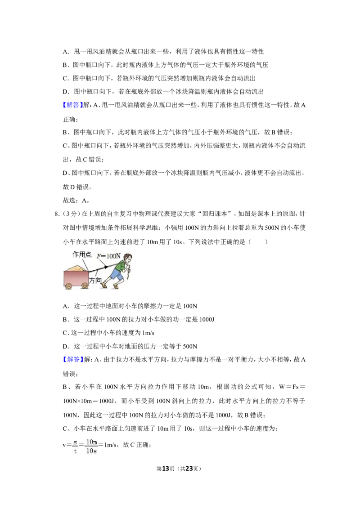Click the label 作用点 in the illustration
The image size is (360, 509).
(x=82, y=254)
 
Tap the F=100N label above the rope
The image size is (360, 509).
(x=108, y=256)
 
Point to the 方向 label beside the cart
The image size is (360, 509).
(x=95, y=280)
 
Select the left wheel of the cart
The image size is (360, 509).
(x=68, y=286)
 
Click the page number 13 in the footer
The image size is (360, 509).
(x=166, y=469)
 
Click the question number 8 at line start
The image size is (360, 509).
(x=57, y=214)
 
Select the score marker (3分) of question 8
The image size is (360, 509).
(x=70, y=214)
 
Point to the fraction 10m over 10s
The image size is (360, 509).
(x=92, y=446)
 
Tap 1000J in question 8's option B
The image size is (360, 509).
(x=207, y=319)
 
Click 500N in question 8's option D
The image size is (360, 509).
(x=190, y=346)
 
